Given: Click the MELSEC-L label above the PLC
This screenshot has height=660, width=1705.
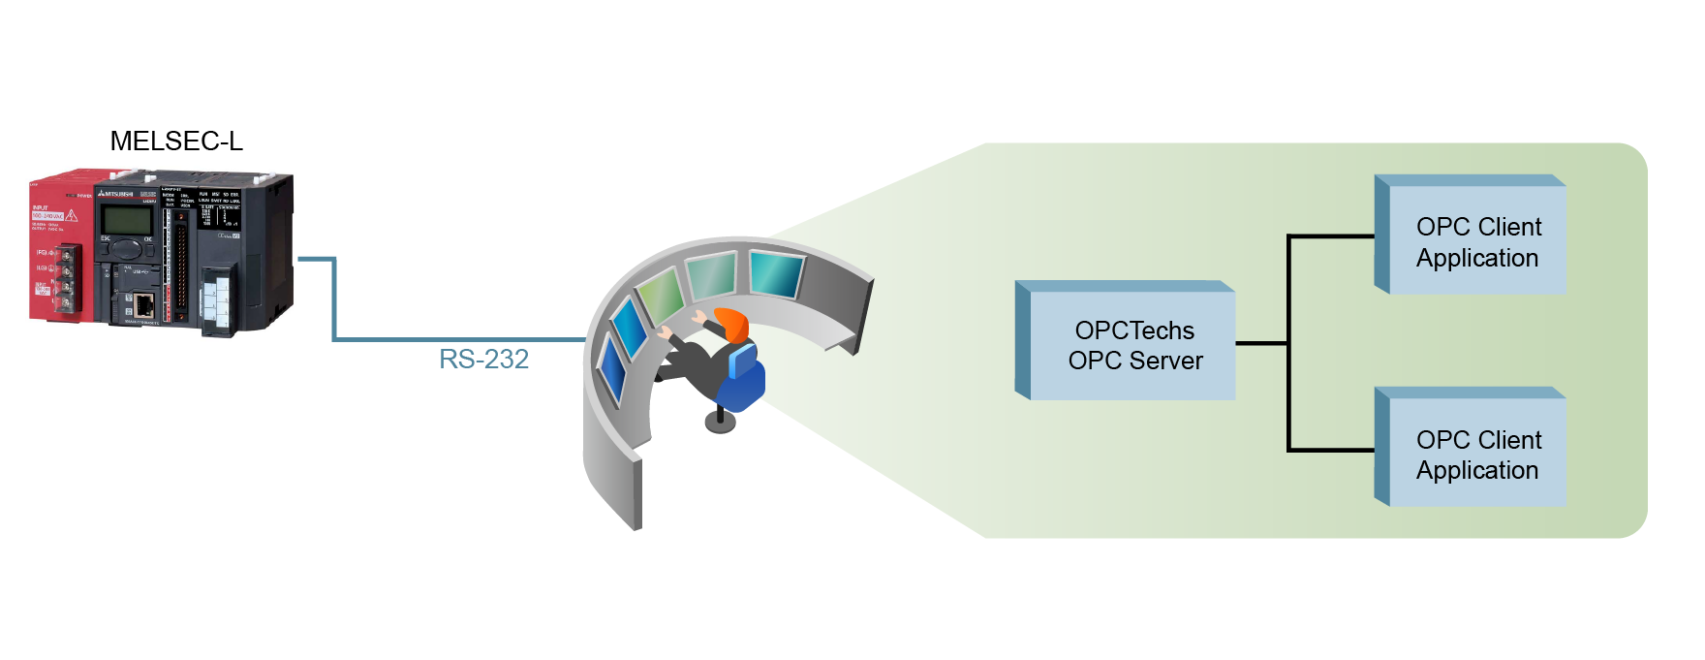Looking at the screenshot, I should click(176, 141).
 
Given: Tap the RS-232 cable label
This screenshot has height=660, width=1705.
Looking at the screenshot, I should click(483, 360).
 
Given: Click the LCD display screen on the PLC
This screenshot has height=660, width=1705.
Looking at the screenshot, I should click(126, 219).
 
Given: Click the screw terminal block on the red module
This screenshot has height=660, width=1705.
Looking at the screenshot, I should click(67, 279).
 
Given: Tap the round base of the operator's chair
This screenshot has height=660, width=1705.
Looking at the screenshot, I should click(720, 422).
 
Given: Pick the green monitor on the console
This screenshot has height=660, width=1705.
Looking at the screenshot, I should click(661, 293).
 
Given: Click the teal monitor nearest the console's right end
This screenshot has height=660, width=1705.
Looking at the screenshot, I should click(776, 272).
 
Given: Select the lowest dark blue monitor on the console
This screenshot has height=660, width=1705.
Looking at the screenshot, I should click(612, 369).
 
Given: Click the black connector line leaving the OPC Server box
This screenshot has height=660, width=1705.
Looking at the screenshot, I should click(1261, 342).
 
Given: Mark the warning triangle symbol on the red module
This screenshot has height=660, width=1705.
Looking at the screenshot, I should click(71, 215).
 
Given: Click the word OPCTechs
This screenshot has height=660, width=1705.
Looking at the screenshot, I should click(1134, 330).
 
